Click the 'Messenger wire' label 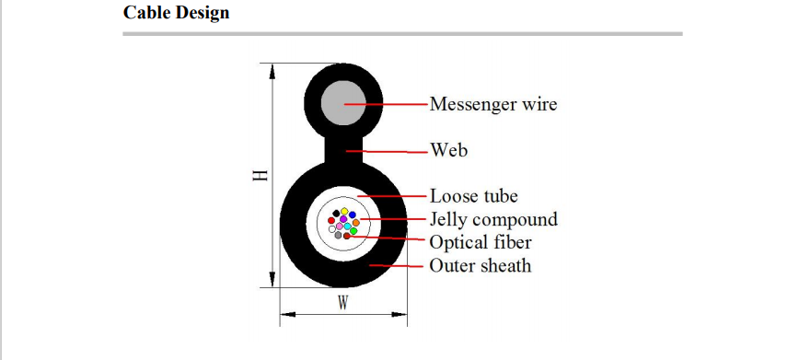[x=492, y=104]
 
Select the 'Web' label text [x=448, y=149]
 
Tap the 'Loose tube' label [x=473, y=196]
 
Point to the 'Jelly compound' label [x=493, y=219]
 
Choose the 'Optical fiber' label [x=481, y=242]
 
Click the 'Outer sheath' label [x=481, y=265]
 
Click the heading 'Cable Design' [x=176, y=14]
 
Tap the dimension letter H [x=260, y=175]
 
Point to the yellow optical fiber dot [x=344, y=212]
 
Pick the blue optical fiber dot [x=352, y=215]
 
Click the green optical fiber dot [x=353, y=230]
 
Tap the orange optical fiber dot [x=356, y=223]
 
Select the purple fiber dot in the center [x=341, y=224]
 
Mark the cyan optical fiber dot [x=348, y=226]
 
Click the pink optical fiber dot [x=334, y=228]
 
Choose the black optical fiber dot [x=336, y=215]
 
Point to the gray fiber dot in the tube [x=339, y=235]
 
